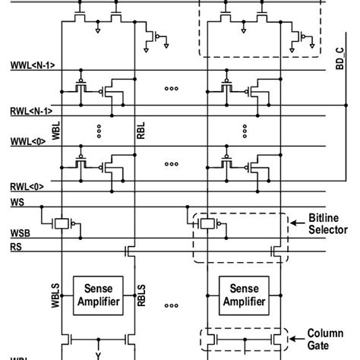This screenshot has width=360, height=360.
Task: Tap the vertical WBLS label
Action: click(54, 296)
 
